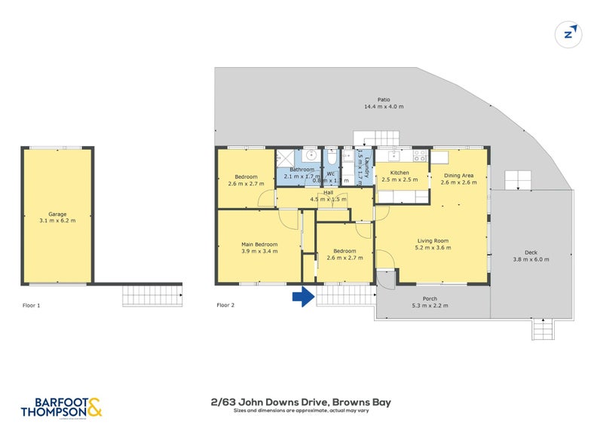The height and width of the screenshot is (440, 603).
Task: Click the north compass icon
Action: [570, 33]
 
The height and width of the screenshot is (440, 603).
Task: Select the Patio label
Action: [384, 99]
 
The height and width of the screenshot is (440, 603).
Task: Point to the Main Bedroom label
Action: [259, 244]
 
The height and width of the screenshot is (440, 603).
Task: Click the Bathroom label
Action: [301, 170]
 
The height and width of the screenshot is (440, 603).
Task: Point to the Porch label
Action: [430, 299]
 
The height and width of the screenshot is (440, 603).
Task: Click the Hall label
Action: [329, 192]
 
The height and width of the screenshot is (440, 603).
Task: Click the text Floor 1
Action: [31, 305]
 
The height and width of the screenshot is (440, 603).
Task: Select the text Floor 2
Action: [226, 305]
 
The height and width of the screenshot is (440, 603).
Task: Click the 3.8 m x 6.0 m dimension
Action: [531, 259]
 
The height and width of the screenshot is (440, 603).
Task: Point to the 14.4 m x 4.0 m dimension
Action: [384, 107]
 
